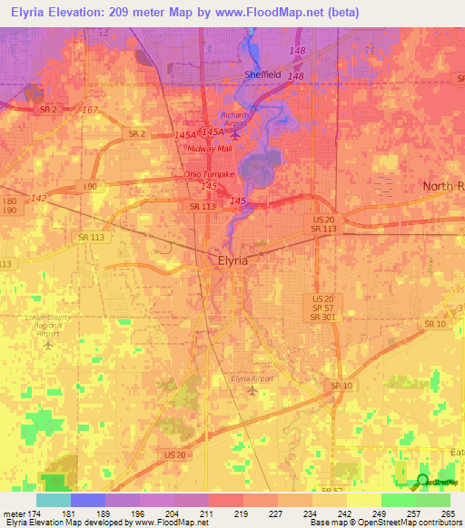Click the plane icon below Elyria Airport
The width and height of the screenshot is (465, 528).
[252, 391]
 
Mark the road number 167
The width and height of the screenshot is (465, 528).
[89, 111]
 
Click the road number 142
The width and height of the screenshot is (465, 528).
[38, 198]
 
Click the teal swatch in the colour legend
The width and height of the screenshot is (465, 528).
[54, 500]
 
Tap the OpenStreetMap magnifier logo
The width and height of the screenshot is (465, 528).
[422, 481]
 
